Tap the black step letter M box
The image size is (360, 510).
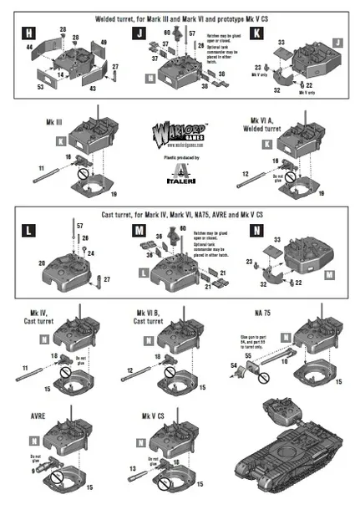tap(138, 228)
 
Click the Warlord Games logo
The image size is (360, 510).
tap(180, 134)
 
